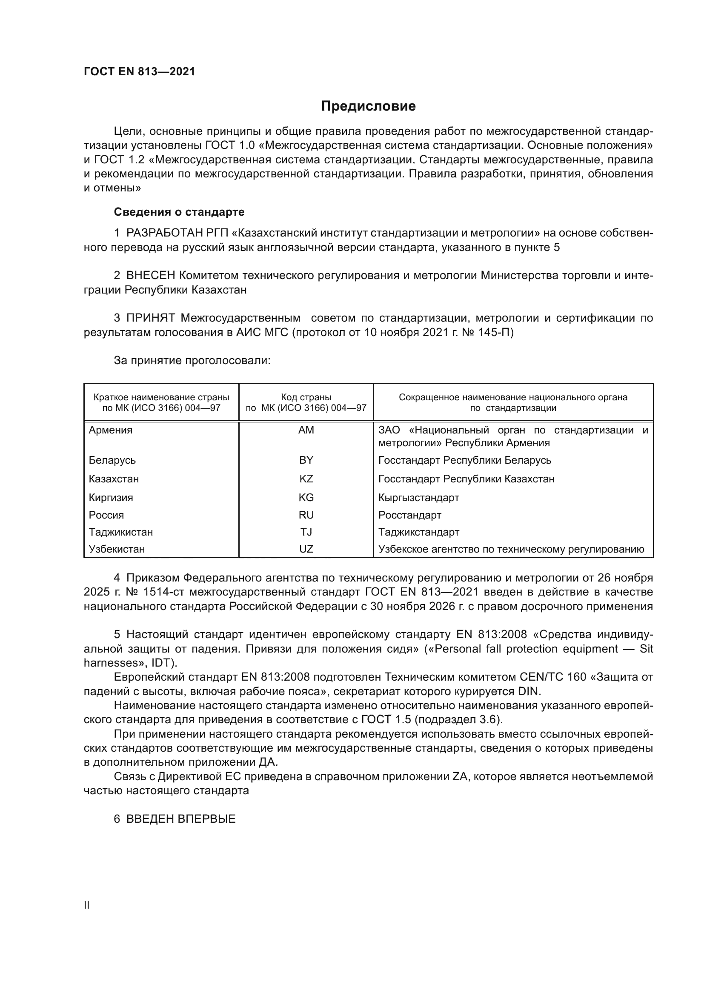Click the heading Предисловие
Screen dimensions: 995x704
[368, 106]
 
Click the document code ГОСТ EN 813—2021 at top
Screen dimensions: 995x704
[139, 71]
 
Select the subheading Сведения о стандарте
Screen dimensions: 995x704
[179, 212]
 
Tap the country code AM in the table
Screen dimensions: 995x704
[306, 430]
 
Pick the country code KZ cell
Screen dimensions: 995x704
[306, 479]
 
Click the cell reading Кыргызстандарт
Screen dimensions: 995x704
[418, 498]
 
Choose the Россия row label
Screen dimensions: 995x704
[106, 515]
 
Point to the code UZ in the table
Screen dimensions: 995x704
[306, 549]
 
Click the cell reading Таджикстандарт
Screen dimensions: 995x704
[418, 532]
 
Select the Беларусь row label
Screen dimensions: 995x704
[112, 460]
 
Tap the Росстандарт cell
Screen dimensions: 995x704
[409, 515]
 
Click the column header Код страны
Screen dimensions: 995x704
[306, 397]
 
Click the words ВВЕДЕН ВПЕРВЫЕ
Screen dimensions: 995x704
[181, 818]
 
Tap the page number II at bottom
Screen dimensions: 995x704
[87, 905]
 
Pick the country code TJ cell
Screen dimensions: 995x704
[306, 532]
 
